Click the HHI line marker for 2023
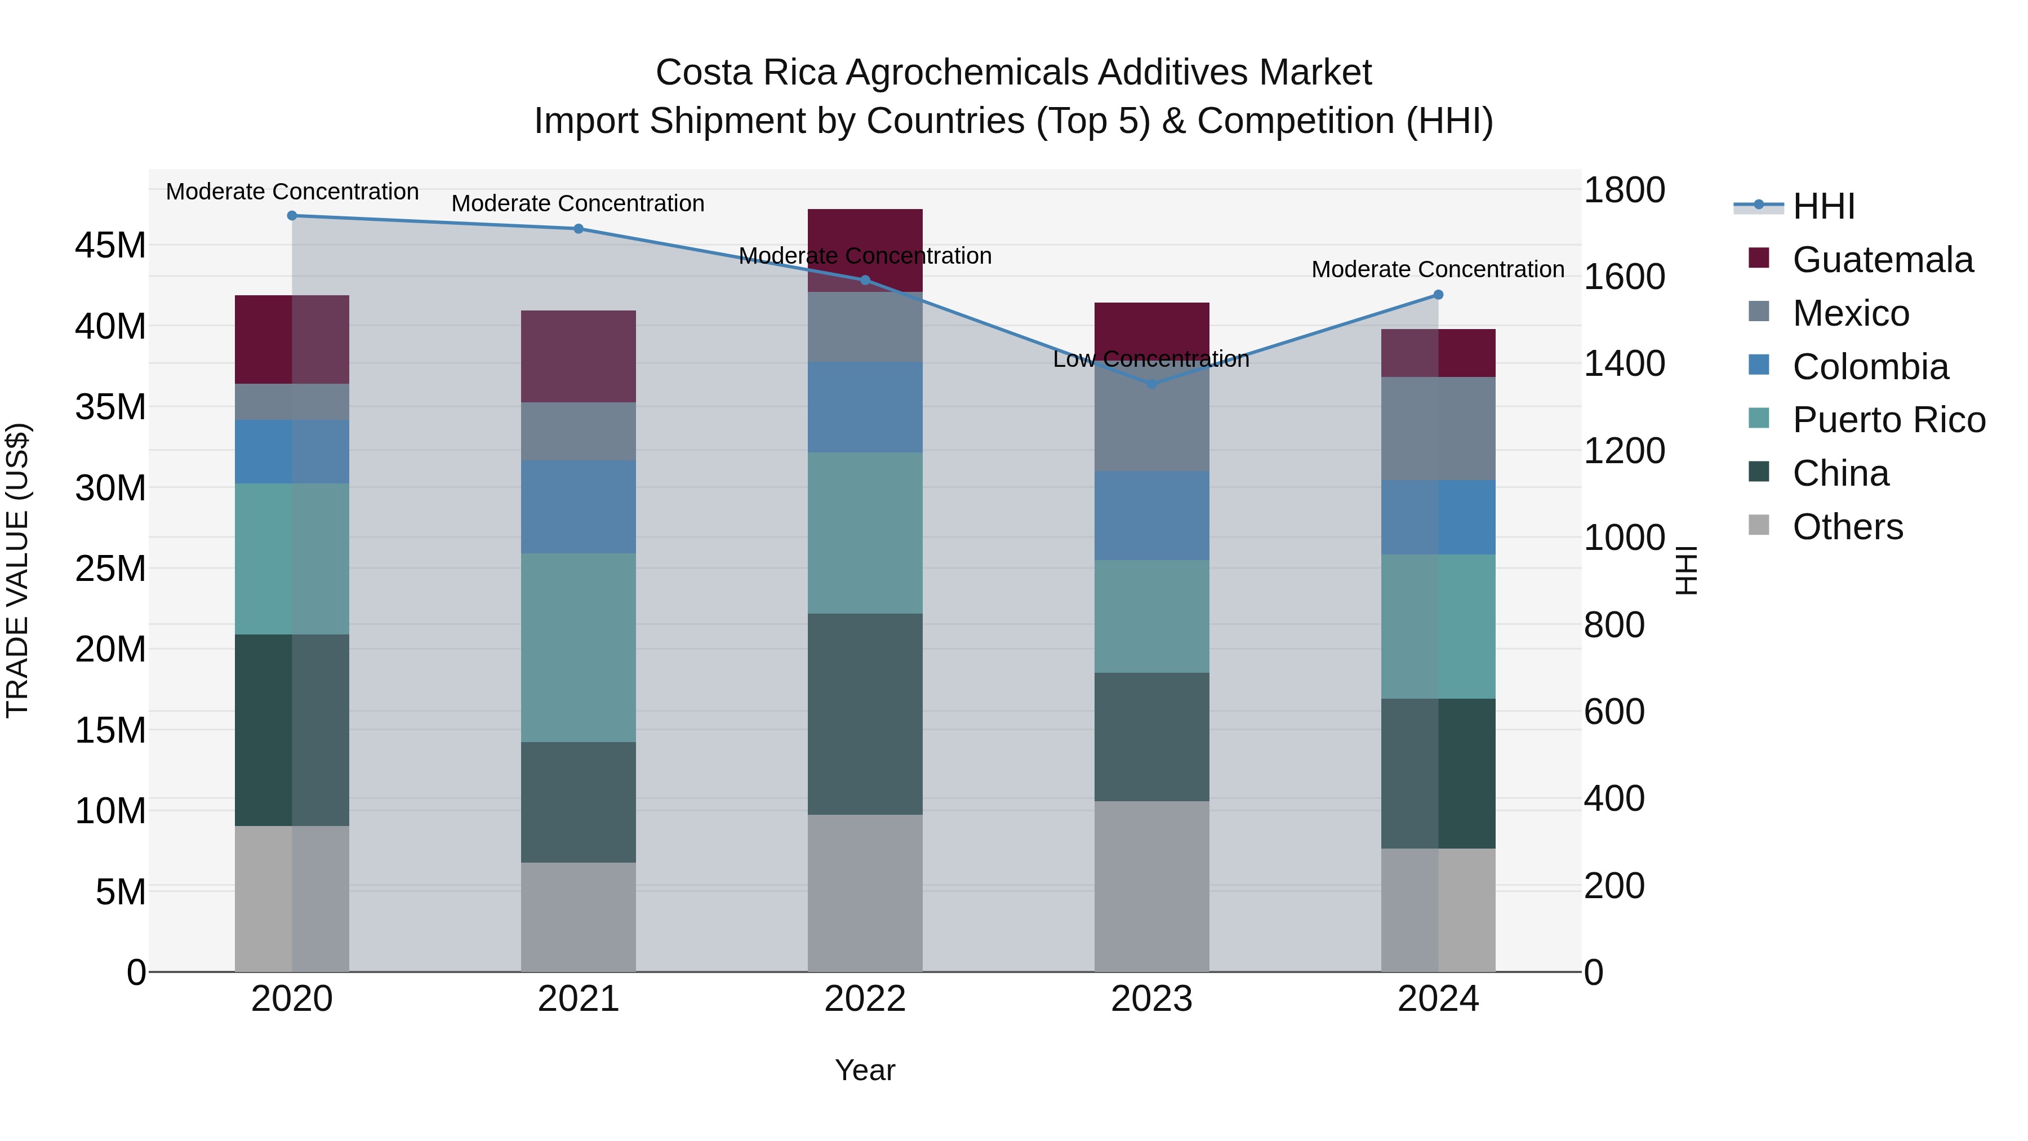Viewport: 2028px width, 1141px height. pos(1151,384)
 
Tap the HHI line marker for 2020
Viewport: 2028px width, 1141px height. pos(292,216)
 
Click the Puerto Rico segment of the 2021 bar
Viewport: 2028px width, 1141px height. pos(578,647)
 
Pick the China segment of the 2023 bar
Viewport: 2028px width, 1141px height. pos(1151,737)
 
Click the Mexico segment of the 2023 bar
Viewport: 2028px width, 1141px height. pos(1151,421)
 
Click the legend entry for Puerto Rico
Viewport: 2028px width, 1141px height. pos(1889,420)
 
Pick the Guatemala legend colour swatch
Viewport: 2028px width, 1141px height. pos(1758,258)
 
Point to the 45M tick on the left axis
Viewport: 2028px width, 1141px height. pos(110,246)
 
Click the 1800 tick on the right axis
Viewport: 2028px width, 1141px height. pos(1624,190)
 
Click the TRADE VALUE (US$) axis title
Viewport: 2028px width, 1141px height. pos(18,570)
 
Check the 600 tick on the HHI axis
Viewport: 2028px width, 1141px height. pos(1614,712)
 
